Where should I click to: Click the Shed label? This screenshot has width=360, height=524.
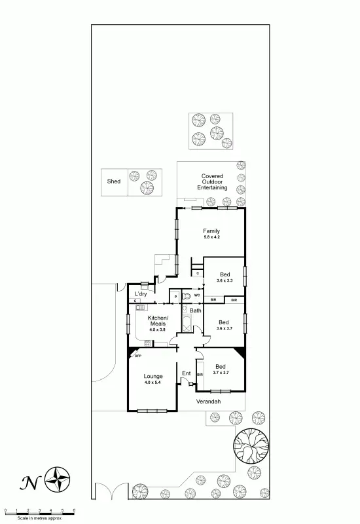tap(114, 181)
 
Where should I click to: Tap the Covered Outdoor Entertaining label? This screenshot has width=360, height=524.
tap(212, 181)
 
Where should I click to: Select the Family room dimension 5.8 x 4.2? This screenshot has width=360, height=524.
tap(211, 238)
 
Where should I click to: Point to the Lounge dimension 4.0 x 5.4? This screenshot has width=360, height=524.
tap(153, 382)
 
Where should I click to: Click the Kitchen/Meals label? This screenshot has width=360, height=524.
tap(158, 320)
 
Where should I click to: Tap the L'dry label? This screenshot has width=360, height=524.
tap(141, 294)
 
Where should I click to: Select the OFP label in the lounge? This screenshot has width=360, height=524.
tap(137, 356)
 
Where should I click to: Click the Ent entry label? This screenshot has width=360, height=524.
tap(186, 373)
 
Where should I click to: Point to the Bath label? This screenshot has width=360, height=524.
tap(195, 310)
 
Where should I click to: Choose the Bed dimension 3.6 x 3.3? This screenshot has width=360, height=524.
tap(225, 280)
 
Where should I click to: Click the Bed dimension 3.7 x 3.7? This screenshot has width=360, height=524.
tap(221, 373)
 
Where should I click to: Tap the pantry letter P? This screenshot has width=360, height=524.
tap(175, 297)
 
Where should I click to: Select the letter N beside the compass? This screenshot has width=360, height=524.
tap(29, 483)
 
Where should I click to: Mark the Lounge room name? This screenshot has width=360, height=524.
tap(153, 376)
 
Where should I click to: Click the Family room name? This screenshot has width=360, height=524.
tap(211, 231)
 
